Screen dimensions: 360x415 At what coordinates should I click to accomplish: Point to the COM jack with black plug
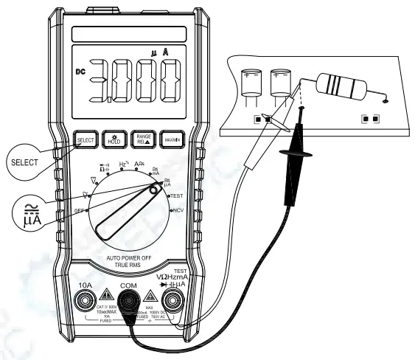coord(129,300)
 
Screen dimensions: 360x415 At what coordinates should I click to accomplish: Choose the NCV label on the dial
coord(178,211)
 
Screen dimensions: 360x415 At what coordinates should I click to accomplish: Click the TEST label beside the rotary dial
coord(176,195)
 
